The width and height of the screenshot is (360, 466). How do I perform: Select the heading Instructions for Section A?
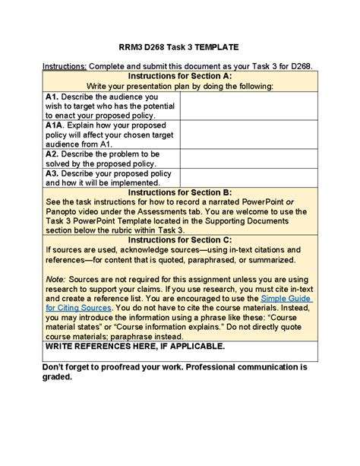179,77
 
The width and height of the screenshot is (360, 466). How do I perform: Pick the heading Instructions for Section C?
179,239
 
